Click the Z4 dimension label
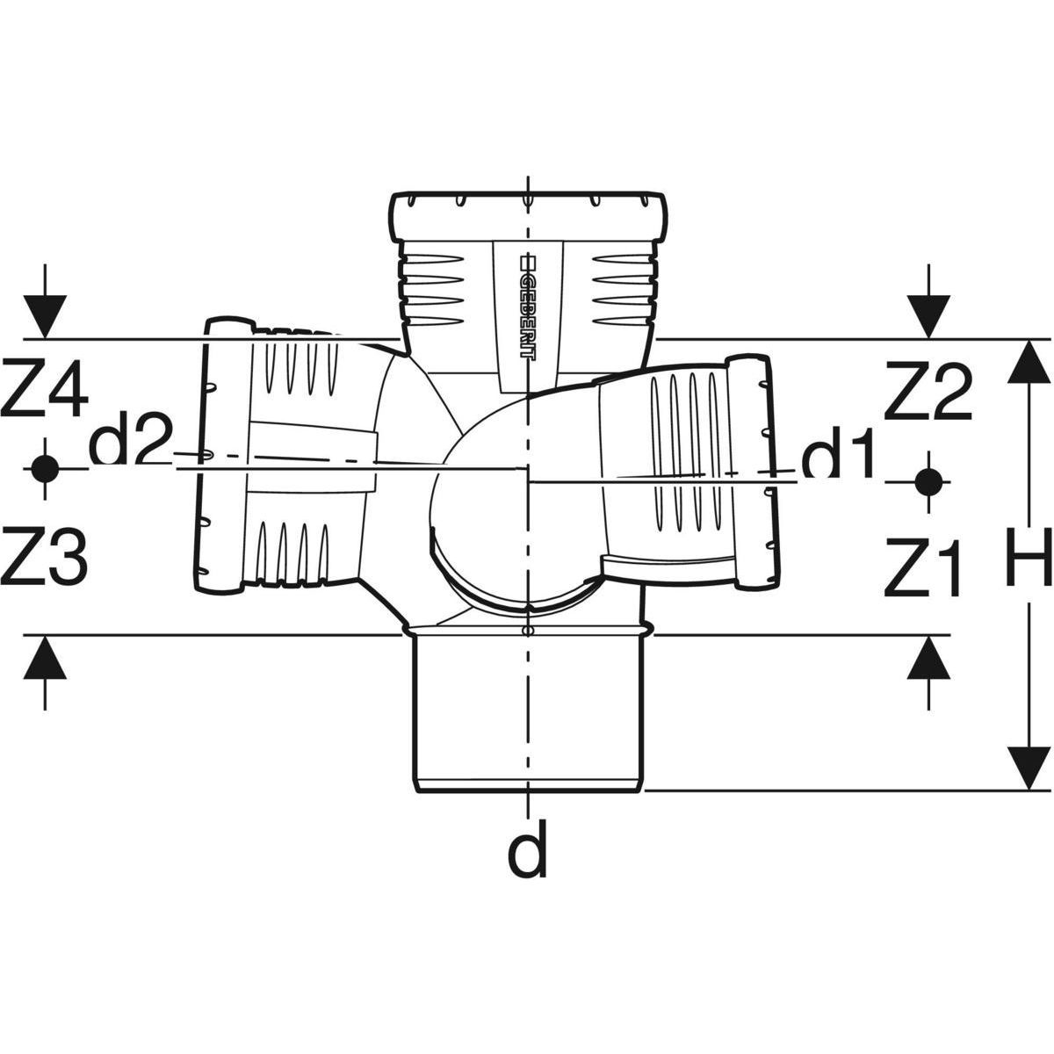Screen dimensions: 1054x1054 click(44, 389)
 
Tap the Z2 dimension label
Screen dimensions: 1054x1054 click(928, 391)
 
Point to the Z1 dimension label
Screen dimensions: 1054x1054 click(923, 566)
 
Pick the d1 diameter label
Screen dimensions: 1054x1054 click(837, 453)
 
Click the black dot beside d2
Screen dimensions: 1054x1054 click(45, 469)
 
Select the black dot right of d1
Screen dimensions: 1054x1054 click(928, 482)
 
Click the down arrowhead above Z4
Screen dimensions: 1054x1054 click(45, 317)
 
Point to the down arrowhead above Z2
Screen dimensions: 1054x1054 click(928, 317)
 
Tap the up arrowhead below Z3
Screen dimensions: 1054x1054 click(45, 659)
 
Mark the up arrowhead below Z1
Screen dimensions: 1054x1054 click(928, 659)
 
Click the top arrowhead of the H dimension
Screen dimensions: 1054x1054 click(1029, 362)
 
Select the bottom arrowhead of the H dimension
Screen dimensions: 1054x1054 click(1029, 768)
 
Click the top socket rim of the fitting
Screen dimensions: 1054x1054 click(529, 217)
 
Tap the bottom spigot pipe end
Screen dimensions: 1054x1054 click(527, 712)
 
